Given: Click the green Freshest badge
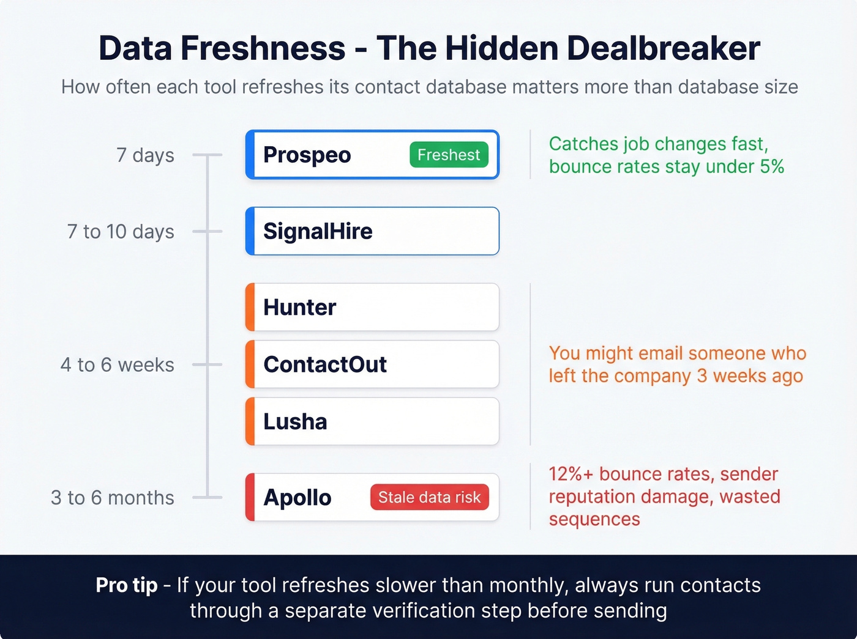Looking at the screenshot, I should click(x=449, y=155).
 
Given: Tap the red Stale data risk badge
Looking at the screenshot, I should click(x=429, y=498).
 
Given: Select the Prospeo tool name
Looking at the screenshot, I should click(x=307, y=155).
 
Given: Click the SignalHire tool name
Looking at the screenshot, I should click(x=318, y=232).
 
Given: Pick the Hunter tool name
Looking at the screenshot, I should click(x=299, y=308).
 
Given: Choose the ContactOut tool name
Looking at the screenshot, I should click(x=325, y=364).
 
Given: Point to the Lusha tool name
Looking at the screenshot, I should click(x=295, y=422).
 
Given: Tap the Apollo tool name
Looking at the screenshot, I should click(x=297, y=498).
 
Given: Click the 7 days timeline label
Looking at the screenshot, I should click(x=145, y=155).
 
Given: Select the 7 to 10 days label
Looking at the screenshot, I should click(x=121, y=232).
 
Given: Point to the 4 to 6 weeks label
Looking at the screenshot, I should click(x=118, y=365).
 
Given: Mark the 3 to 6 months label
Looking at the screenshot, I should click(x=113, y=498).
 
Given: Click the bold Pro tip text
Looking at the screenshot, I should click(x=127, y=585).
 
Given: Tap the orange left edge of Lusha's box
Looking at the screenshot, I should click(x=250, y=422).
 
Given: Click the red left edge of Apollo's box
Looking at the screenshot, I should click(x=250, y=498).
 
